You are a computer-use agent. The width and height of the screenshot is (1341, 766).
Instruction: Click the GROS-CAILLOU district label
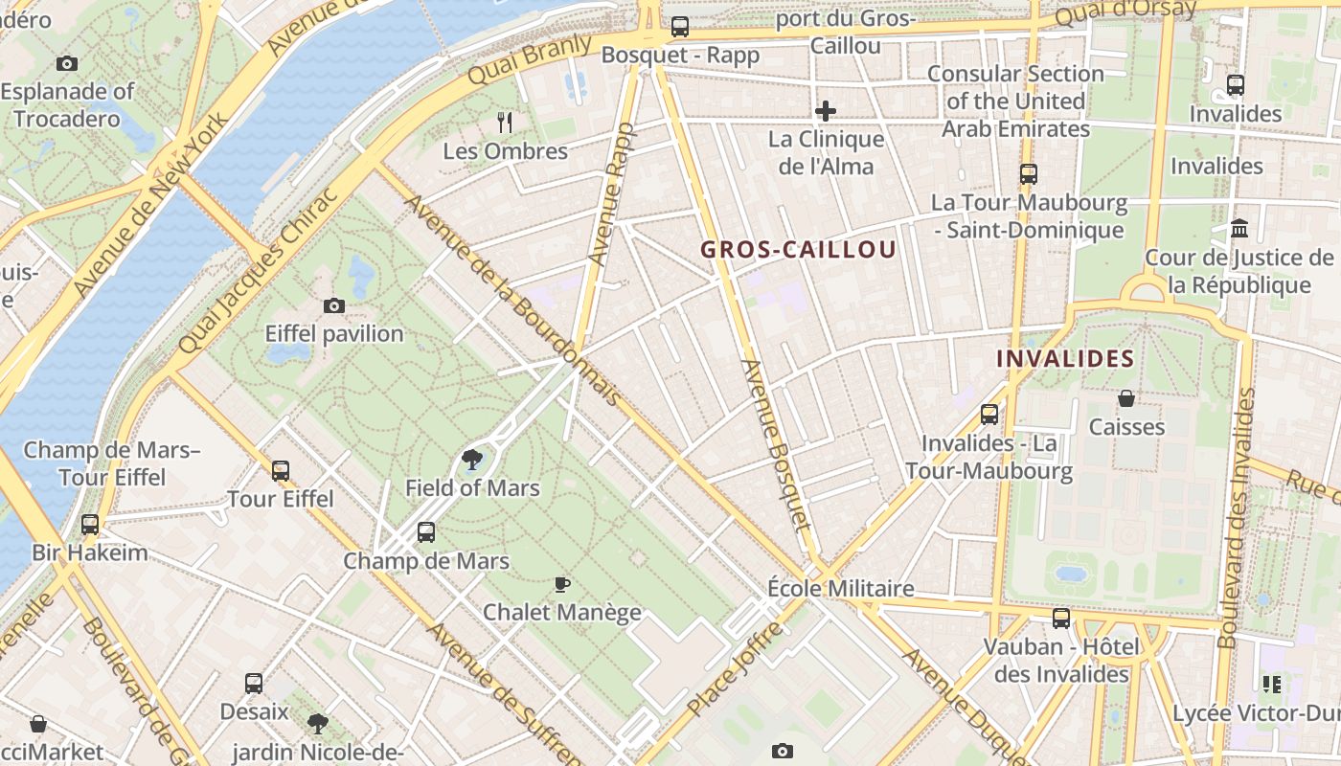[798, 250]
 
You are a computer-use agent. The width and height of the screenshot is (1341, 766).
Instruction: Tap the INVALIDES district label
[1065, 359]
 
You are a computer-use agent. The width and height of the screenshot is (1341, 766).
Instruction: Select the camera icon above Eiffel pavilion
[334, 306]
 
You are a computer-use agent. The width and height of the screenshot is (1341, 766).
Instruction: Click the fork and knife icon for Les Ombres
[506, 122]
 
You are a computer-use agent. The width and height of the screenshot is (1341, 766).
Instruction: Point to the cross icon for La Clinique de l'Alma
[825, 111]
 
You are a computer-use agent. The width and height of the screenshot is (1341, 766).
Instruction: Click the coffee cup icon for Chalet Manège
[562, 584]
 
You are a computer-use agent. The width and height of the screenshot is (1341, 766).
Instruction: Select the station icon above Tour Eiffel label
[280, 471]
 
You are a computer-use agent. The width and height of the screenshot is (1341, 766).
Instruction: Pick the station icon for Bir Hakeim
[90, 525]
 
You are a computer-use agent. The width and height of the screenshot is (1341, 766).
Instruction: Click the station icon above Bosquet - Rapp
[680, 27]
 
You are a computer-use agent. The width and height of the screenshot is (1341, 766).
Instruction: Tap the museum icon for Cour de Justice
[1239, 229]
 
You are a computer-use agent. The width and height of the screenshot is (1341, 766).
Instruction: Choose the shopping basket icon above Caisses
[1126, 398]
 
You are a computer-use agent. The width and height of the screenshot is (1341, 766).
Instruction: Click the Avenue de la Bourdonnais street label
[512, 300]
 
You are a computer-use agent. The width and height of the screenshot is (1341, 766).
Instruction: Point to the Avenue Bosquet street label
[776, 444]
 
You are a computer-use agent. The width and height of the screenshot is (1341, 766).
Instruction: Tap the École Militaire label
[841, 588]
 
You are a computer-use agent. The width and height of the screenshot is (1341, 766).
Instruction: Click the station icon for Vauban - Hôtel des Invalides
[1061, 619]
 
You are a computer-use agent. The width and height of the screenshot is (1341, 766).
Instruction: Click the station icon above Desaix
[254, 684]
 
